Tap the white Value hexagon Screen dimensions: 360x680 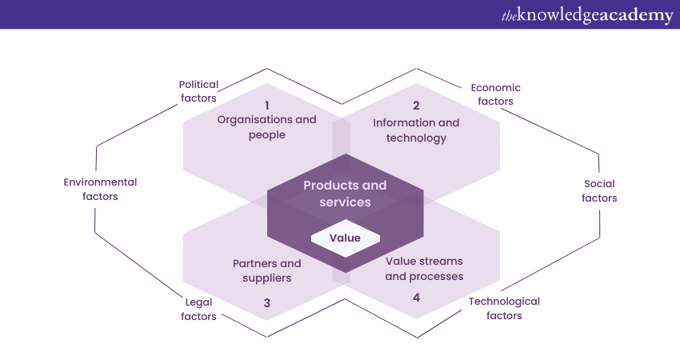coord(345,238)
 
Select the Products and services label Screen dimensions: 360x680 coord(345,194)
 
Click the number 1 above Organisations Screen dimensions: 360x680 coord(267,105)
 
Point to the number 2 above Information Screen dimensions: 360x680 coord(416,105)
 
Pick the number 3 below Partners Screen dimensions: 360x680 coord(267,302)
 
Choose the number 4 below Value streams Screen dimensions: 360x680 coord(416,297)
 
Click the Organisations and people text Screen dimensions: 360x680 coord(267,127)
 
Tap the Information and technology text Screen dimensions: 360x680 coord(416,130)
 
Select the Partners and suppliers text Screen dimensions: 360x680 coord(267,270)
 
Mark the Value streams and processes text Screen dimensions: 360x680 coord(424,269)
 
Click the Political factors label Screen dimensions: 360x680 coord(198,91)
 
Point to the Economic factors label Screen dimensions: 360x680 coord(495,94)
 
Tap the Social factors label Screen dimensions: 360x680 coord(599,190)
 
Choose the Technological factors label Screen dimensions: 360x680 coord(504,308)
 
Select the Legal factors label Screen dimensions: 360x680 coord(198,309)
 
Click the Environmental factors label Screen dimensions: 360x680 coord(100,189)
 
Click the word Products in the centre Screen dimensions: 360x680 coord(325,186)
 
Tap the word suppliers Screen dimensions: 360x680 coord(267,278)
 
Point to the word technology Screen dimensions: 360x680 coord(416,138)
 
